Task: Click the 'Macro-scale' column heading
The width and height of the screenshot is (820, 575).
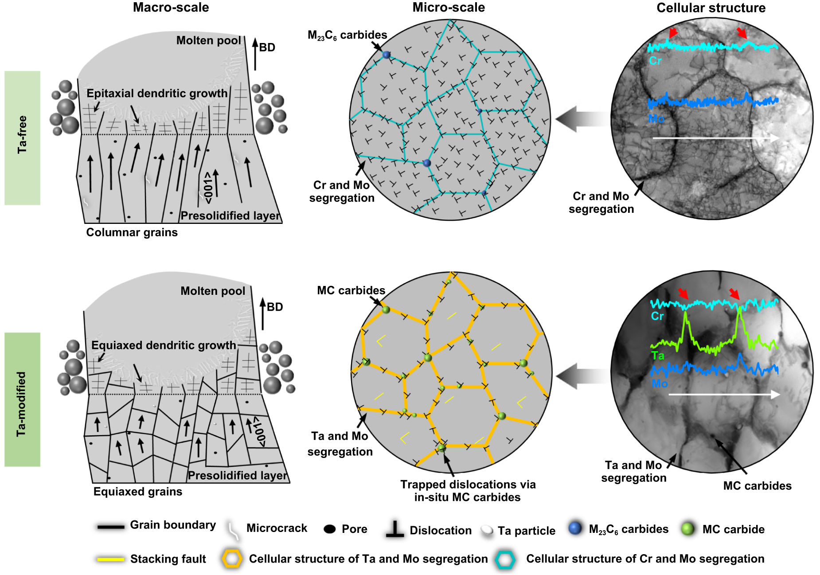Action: (x=171, y=8)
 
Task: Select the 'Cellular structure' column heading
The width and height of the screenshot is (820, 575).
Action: (x=711, y=8)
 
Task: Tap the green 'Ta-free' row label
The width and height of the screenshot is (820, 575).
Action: (x=22, y=137)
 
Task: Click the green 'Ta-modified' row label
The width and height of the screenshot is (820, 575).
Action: (x=22, y=399)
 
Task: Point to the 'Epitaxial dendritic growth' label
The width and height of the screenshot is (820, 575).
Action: (x=156, y=93)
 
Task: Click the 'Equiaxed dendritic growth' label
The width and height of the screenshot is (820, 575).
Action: (x=163, y=345)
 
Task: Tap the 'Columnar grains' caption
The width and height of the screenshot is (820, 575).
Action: (x=132, y=232)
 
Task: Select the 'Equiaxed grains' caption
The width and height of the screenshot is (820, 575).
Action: (x=137, y=491)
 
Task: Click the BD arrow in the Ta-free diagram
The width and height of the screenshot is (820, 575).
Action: (x=255, y=54)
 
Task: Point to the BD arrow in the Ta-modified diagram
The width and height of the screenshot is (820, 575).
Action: (x=262, y=314)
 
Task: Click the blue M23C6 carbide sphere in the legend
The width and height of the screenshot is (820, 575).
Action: (x=575, y=528)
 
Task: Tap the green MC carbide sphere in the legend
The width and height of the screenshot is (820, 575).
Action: (x=687, y=528)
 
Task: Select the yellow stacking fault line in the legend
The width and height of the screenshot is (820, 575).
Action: (x=110, y=559)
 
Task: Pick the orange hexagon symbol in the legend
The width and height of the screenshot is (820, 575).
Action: (x=232, y=559)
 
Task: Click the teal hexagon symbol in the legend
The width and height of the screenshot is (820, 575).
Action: (x=505, y=559)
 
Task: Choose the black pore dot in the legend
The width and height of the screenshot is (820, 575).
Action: (x=329, y=529)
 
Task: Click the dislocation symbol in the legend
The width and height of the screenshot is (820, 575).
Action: (x=394, y=529)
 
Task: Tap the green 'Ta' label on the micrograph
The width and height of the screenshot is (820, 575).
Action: (x=658, y=356)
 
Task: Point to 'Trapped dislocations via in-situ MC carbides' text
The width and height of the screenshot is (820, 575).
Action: (x=468, y=491)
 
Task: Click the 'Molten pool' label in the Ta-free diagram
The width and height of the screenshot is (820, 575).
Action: (x=208, y=40)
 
